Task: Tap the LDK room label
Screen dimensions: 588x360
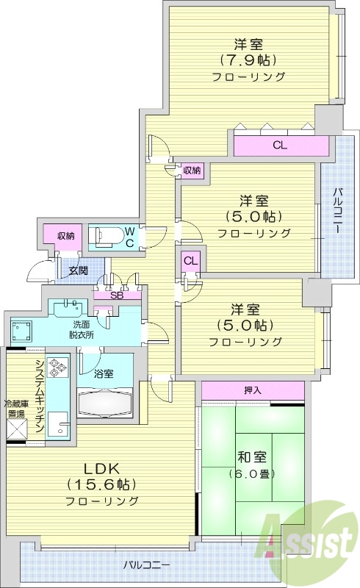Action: click(x=101, y=468)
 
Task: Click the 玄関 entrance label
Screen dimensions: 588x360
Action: click(x=79, y=270)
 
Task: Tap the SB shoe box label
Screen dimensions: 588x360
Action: click(x=116, y=295)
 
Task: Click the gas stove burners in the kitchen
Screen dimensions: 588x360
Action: click(x=57, y=367)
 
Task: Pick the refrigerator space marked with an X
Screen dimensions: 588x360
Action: click(x=16, y=429)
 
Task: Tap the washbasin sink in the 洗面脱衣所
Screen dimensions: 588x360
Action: click(x=70, y=304)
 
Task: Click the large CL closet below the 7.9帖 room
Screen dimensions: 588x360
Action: click(x=279, y=146)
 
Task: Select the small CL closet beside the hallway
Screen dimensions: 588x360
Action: click(x=190, y=260)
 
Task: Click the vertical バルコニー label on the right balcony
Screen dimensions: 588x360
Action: click(x=336, y=210)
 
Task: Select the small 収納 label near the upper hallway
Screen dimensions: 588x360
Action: click(x=192, y=171)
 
